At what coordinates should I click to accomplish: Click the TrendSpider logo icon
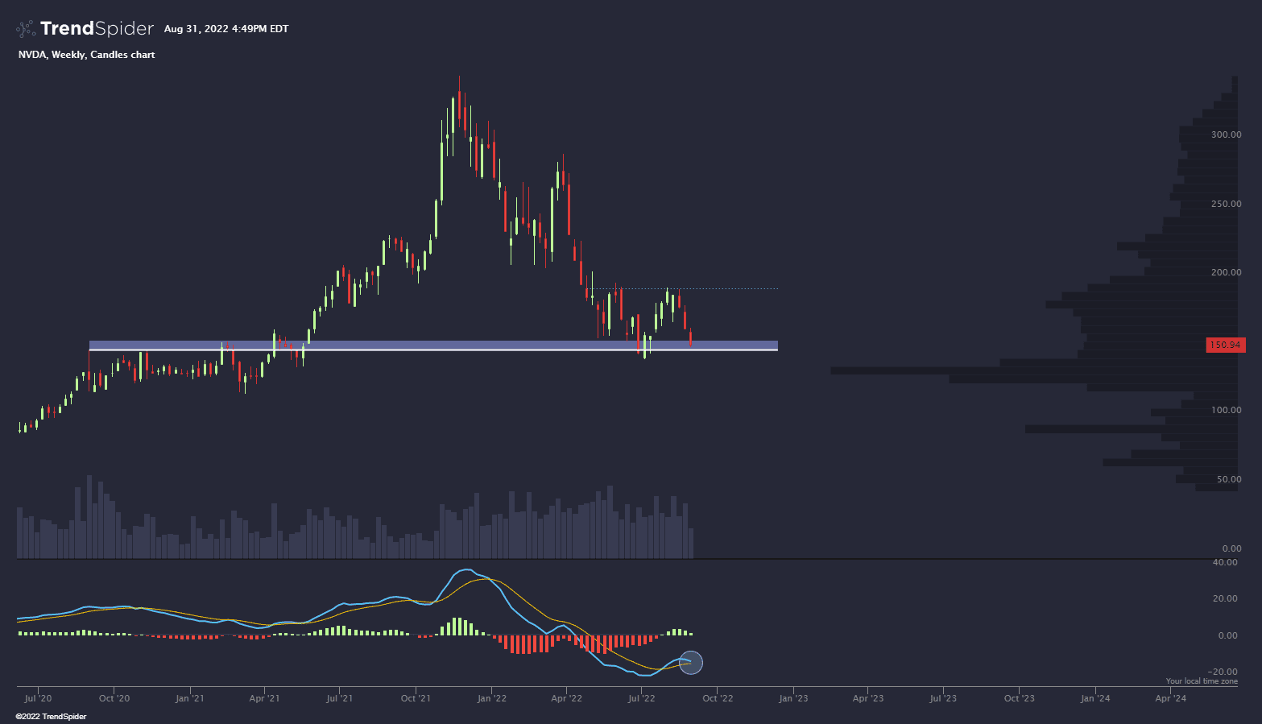coord(26,29)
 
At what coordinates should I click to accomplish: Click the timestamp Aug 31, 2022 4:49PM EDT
coord(226,29)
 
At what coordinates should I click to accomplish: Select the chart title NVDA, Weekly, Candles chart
coord(86,55)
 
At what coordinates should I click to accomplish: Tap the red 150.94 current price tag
coord(1225,345)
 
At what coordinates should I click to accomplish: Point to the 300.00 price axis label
coord(1226,134)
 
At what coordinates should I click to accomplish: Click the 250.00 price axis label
coord(1226,204)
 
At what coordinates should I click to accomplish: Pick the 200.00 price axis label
coord(1226,272)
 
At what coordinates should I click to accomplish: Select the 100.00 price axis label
coord(1226,410)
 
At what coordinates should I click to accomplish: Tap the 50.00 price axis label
coord(1228,479)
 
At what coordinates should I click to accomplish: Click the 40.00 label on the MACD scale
coord(1226,562)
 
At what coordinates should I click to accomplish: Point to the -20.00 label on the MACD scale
coord(1224,672)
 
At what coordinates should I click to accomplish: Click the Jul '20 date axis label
coord(38,698)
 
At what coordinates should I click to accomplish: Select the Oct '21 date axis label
coord(415,698)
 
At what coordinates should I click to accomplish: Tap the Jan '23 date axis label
coord(792,698)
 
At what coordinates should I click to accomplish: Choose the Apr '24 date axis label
coord(1170,698)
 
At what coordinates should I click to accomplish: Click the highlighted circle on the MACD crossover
coord(691,662)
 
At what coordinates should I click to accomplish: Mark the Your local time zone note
coord(1202,681)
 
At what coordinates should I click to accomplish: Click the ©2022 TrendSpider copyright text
coord(51,717)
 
